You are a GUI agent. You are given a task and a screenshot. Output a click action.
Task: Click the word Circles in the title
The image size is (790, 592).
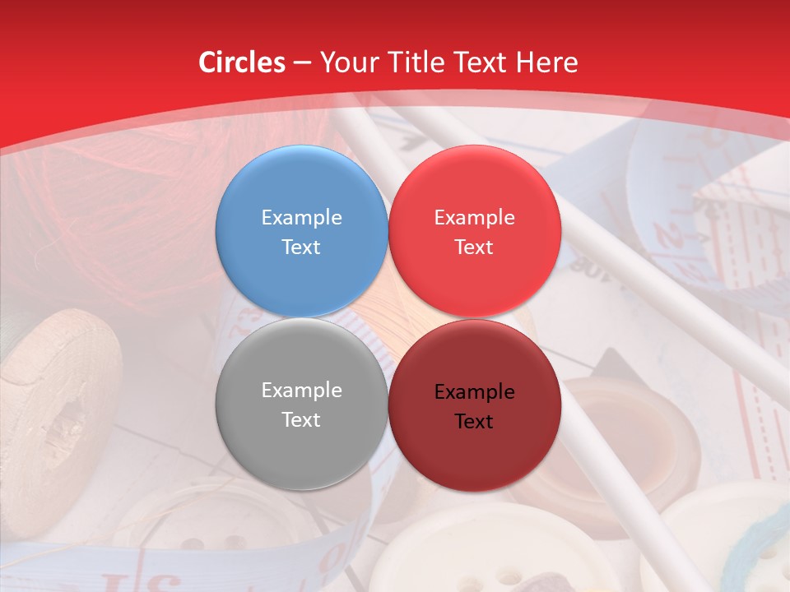pos(241,62)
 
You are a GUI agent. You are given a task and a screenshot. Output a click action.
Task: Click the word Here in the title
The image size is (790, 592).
pos(547,62)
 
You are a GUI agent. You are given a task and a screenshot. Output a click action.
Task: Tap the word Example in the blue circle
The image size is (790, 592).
pos(301,218)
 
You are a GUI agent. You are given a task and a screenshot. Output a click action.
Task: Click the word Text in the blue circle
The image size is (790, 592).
pos(301,247)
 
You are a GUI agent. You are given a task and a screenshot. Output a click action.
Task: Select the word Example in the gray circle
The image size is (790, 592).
pos(301,391)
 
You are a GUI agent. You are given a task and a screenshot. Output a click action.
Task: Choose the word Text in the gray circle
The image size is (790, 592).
pos(301,420)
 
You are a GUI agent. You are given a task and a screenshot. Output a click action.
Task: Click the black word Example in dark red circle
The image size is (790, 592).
pos(474,392)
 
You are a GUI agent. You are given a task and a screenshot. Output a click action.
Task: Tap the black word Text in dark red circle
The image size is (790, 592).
pos(474,422)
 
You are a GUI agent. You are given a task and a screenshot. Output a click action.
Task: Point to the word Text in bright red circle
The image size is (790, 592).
pos(474,247)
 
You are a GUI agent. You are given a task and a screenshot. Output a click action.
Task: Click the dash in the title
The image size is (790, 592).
pos(302,63)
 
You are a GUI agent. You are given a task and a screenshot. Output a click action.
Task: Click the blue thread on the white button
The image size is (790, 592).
pos(749,551)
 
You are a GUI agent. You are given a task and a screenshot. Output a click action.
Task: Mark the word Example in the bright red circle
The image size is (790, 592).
pos(474,218)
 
